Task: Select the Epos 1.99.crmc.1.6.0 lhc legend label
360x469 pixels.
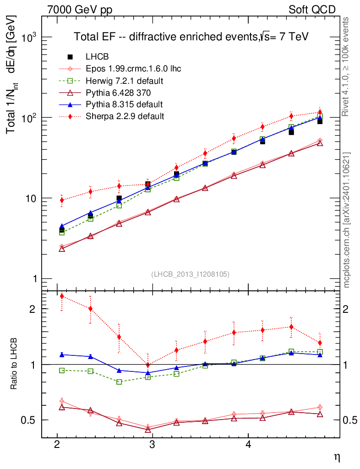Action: (133, 69)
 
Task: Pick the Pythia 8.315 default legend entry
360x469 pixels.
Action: (124, 104)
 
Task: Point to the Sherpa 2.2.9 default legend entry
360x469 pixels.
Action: (125, 116)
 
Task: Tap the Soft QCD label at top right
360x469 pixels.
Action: (312, 10)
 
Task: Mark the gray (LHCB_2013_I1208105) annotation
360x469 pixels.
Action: (190, 274)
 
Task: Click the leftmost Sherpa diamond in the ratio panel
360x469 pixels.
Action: (62, 296)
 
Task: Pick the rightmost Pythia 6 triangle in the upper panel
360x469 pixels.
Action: (320, 143)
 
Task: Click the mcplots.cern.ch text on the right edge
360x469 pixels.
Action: (347, 220)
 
